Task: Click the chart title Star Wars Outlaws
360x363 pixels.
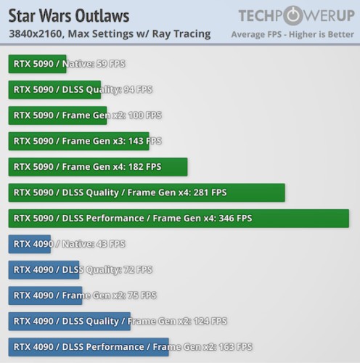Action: point(69,16)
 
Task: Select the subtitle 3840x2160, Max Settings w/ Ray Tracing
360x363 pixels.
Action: point(110,34)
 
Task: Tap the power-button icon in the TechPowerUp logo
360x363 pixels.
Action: point(293,15)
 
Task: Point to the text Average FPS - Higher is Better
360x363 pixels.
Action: point(292,34)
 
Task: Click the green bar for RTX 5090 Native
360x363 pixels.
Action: point(37,64)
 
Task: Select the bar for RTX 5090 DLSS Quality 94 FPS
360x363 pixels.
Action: point(54,90)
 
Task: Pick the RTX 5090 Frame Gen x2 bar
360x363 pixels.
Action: point(57,115)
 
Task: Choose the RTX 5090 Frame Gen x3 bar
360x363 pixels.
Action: point(78,141)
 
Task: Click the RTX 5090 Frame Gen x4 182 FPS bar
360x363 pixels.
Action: point(98,167)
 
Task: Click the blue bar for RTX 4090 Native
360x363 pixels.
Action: point(30,244)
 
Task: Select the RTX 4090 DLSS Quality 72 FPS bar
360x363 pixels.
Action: point(44,270)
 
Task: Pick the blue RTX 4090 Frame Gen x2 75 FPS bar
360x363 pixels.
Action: point(45,295)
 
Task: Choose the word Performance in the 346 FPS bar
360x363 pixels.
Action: point(115,219)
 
